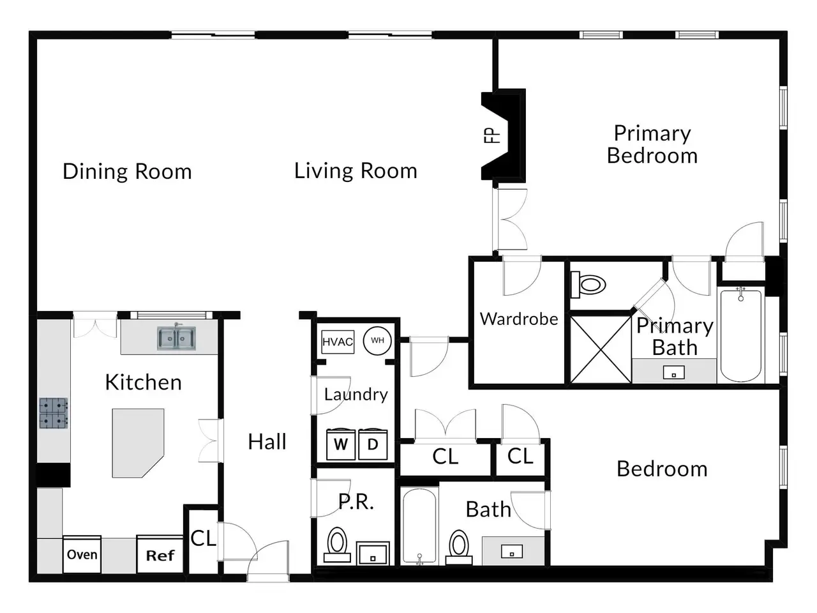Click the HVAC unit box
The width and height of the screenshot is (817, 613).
pyautogui.click(x=338, y=342)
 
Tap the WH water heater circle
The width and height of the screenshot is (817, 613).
pyautogui.click(x=377, y=340)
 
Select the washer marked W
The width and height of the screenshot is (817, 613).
pyautogui.click(x=341, y=444)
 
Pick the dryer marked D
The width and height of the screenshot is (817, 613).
pyautogui.click(x=373, y=444)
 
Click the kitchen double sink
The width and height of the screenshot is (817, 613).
pyautogui.click(x=176, y=338)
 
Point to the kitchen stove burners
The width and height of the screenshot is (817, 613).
pyautogui.click(x=54, y=413)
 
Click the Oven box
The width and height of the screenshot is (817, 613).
pyautogui.click(x=82, y=554)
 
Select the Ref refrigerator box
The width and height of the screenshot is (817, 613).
pyautogui.click(x=160, y=554)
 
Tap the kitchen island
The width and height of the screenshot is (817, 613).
pyautogui.click(x=138, y=443)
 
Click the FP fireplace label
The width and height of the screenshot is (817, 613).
pyautogui.click(x=491, y=135)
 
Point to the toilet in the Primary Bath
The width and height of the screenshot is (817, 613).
pyautogui.click(x=588, y=285)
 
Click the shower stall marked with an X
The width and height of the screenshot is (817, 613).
pyautogui.click(x=601, y=349)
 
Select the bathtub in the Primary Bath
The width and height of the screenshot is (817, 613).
pyautogui.click(x=740, y=335)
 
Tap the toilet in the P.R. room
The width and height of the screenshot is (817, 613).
pyautogui.click(x=337, y=544)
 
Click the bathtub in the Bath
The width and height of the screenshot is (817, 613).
pyautogui.click(x=419, y=526)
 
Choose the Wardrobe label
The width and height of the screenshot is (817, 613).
pyautogui.click(x=519, y=319)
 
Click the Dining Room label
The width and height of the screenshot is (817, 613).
pyautogui.click(x=127, y=172)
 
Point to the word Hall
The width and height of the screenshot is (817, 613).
pyautogui.click(x=267, y=442)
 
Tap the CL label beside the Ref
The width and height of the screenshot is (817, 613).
pyautogui.click(x=203, y=538)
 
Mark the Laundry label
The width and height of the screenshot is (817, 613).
pyautogui.click(x=356, y=395)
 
